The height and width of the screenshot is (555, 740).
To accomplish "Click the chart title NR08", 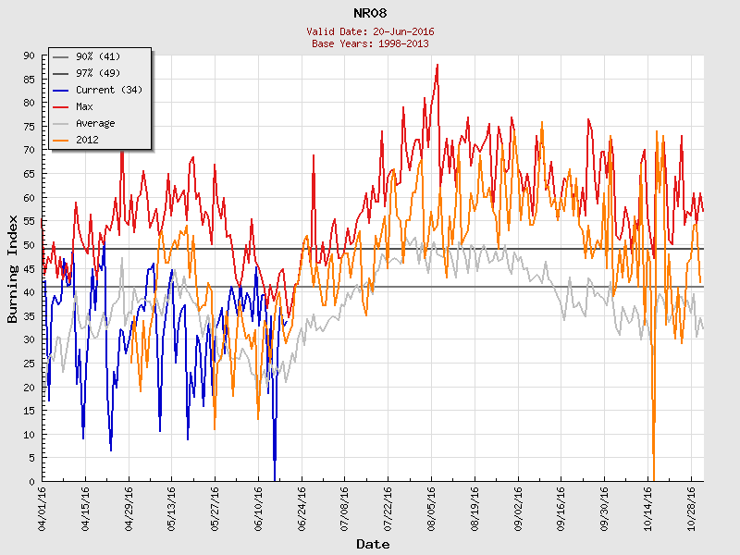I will tap(370, 13).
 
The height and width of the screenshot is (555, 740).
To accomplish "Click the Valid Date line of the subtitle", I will tap(370, 31).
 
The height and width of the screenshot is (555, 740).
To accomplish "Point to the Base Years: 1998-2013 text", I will tap(370, 43).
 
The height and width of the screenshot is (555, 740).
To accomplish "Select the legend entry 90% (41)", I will tap(98, 56).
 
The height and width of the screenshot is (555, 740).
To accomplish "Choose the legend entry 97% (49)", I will tap(98, 73).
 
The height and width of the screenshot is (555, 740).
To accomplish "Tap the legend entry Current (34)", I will tap(108, 90).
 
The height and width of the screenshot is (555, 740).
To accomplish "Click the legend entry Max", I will tap(84, 106).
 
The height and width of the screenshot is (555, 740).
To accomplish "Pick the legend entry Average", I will tap(95, 123).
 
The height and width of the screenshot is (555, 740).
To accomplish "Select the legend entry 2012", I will tap(87, 140).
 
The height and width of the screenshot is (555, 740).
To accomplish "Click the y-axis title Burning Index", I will tap(13, 268).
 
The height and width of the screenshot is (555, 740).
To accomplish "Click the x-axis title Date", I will tap(373, 544).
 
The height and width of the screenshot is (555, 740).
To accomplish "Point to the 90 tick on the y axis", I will tap(29, 55).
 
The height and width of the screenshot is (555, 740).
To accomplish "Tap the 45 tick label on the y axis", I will tap(29, 268).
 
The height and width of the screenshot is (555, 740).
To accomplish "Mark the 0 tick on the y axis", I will tap(31, 481).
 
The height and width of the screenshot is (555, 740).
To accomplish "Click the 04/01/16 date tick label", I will tap(43, 505).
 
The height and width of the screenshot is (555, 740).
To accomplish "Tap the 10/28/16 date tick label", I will tap(692, 505).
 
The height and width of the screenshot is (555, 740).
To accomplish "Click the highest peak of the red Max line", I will tap(437, 65).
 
